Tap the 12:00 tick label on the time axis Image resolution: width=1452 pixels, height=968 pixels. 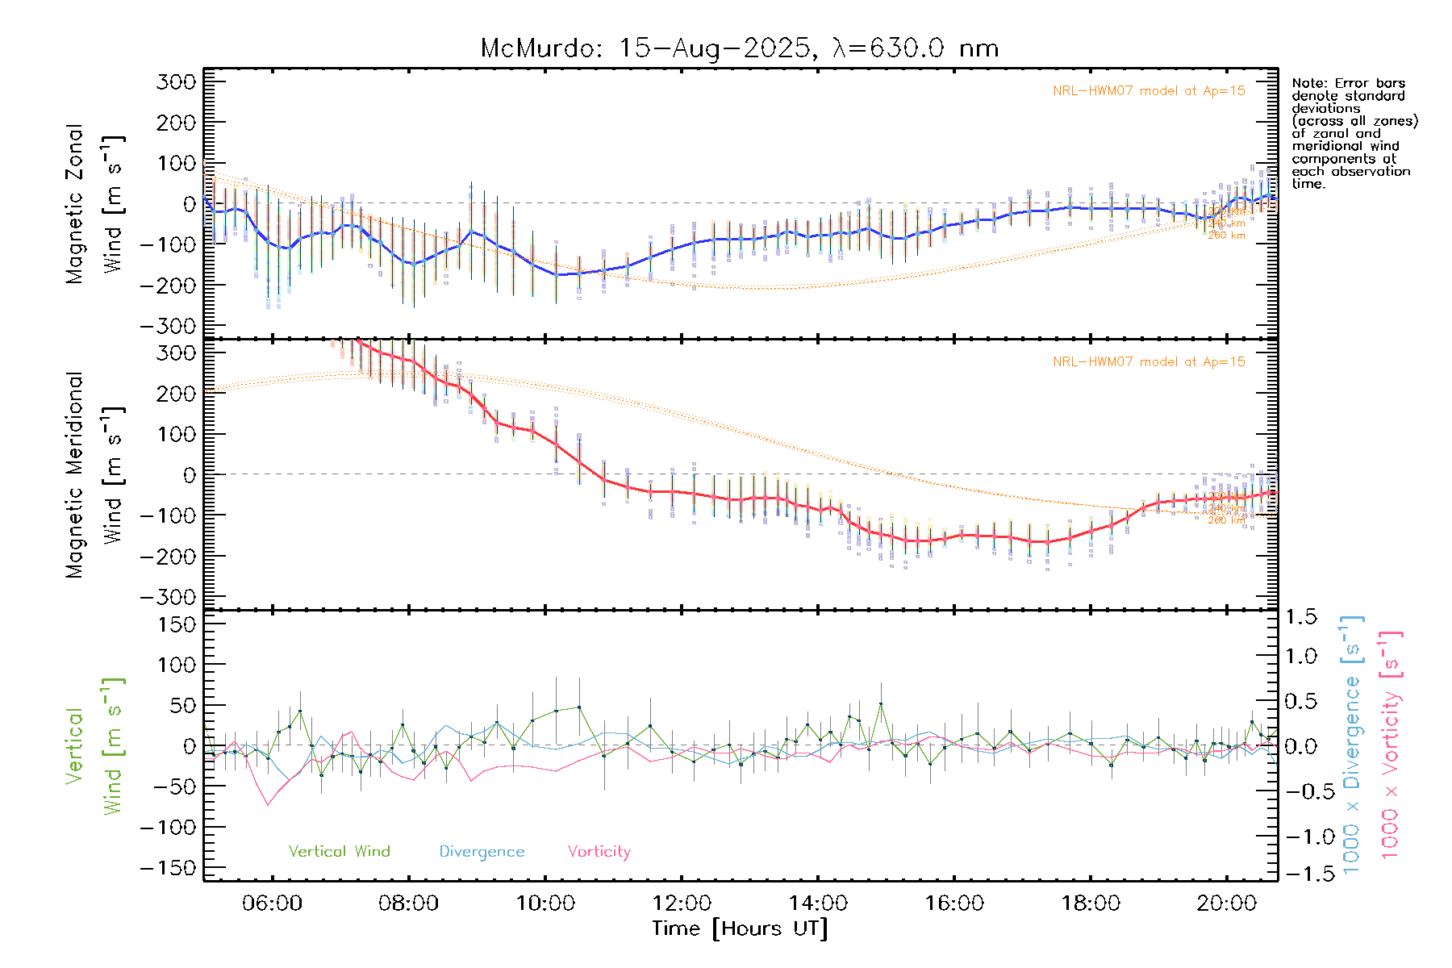682,903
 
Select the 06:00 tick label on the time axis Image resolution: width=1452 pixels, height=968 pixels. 272,903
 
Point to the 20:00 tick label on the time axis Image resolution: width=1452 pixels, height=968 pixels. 1226,903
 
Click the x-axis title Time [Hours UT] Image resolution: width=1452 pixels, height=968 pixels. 740,928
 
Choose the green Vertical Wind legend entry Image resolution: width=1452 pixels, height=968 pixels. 339,852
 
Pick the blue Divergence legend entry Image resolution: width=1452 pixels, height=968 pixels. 482,852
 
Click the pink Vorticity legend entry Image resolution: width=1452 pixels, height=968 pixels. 599,852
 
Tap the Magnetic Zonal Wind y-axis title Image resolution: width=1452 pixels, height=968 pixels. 95,204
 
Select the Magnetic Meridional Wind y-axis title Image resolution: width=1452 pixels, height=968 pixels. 95,475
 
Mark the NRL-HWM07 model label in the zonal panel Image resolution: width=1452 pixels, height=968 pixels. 1149,91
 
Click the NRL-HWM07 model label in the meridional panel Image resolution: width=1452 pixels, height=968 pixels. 1149,362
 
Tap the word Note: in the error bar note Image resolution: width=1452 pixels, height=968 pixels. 1308,83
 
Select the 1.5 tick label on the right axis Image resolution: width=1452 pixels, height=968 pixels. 1300,617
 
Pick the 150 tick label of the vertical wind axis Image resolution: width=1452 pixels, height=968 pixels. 177,624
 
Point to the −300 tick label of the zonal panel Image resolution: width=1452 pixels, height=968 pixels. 168,327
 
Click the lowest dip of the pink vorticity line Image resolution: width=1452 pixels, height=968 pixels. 269,805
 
